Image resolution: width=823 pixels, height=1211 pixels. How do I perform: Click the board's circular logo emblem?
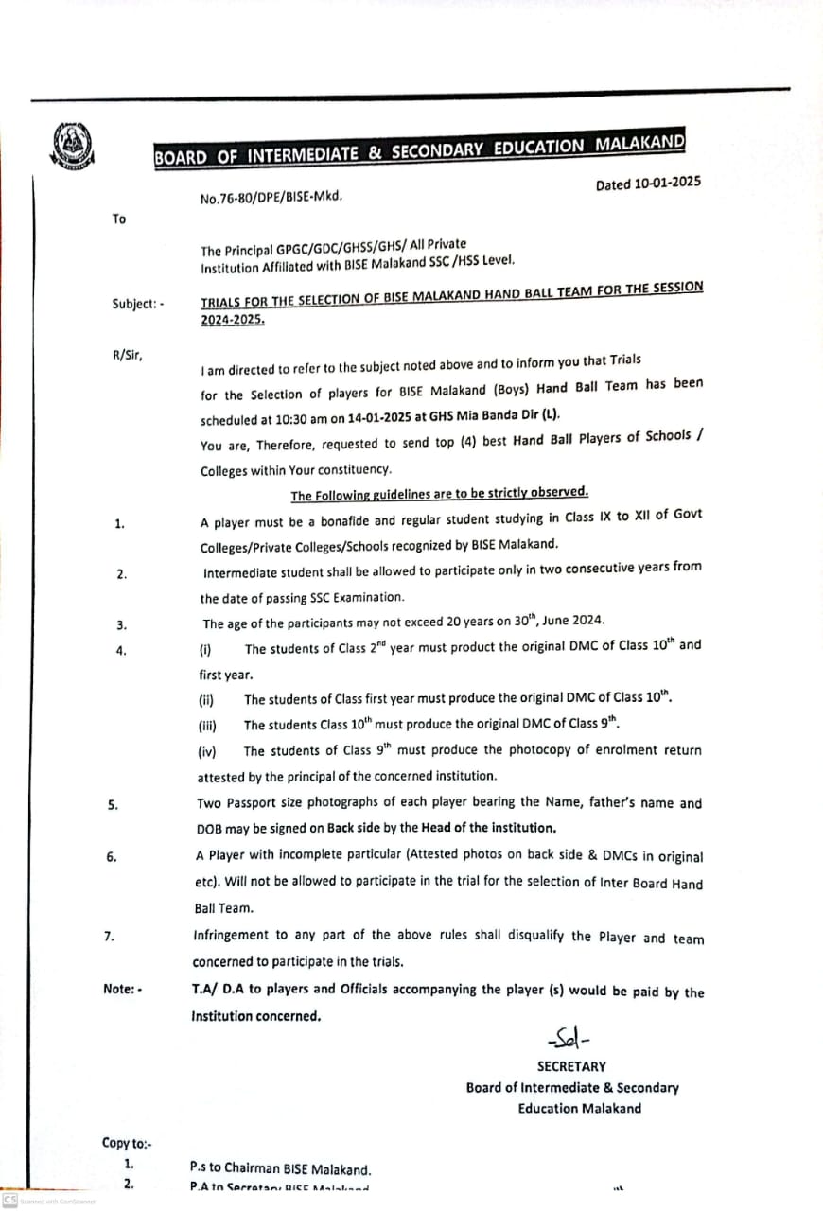pos(74,147)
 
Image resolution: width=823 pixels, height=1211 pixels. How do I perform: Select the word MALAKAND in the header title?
pos(639,145)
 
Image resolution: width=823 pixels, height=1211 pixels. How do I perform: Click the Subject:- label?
pos(137,304)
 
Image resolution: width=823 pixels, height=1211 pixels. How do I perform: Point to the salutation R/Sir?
pos(127,355)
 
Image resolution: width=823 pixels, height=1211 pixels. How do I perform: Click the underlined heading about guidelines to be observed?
pos(439,494)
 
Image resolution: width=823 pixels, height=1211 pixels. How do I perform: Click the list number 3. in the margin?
pos(121,624)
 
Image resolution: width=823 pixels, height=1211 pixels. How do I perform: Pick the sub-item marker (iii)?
pos(208,726)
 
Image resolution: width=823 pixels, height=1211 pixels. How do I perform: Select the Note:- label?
pos(123,990)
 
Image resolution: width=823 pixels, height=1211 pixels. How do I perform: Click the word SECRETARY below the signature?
pos(571,1066)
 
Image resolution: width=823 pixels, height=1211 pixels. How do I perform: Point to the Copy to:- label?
pos(128,1143)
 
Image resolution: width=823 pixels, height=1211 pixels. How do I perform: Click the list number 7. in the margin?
pos(110,937)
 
